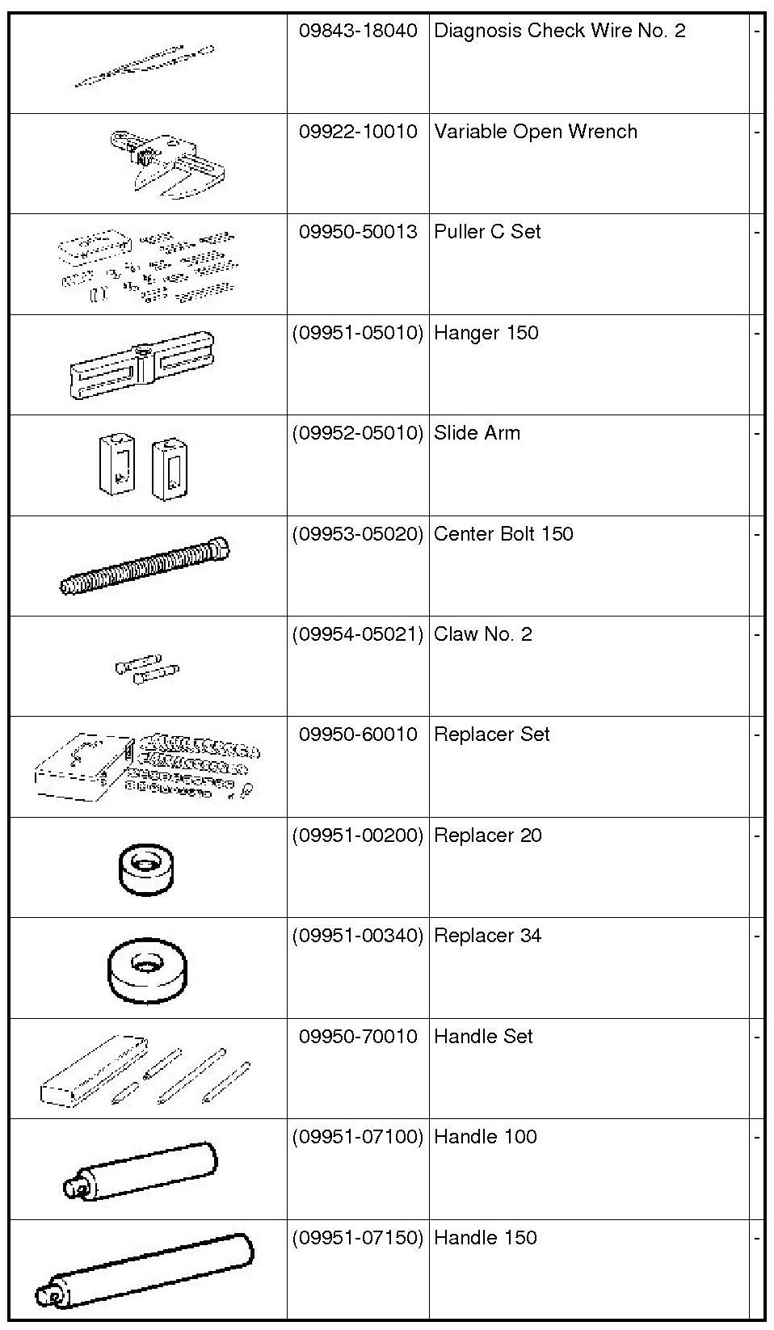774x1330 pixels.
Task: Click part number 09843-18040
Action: point(358,32)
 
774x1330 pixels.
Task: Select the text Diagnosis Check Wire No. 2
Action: point(559,32)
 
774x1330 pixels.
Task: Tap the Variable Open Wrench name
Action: point(535,132)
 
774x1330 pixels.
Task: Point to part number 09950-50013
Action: point(358,232)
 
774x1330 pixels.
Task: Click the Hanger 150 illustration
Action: point(142,366)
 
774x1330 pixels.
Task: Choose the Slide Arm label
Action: point(477,433)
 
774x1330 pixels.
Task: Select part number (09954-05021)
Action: point(358,634)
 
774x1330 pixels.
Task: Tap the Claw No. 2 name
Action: point(482,634)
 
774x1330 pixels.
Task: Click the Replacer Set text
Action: point(491,734)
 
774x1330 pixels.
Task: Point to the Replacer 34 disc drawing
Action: point(146,970)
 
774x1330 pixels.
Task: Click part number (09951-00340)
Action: point(358,936)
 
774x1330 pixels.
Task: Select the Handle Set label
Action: point(483,1037)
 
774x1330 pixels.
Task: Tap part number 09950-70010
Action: point(358,1037)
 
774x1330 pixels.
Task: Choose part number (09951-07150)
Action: point(358,1238)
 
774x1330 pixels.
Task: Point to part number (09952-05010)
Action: point(358,433)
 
